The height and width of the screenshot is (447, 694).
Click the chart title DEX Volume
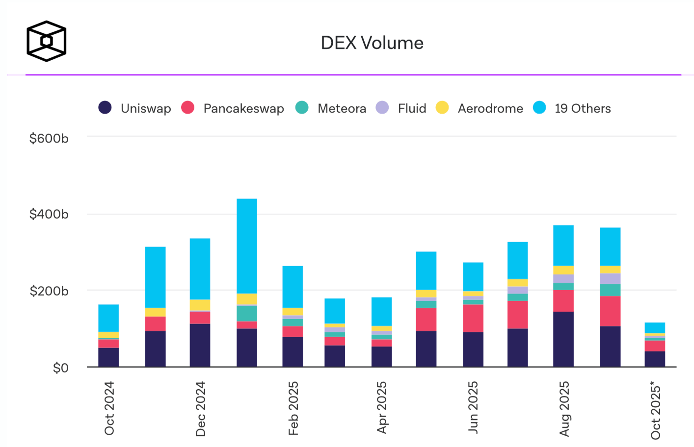tap(372, 43)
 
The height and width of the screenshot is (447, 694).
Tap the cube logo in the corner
tap(46, 41)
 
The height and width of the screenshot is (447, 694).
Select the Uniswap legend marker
tap(105, 108)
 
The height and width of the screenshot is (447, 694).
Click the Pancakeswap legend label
tap(243, 108)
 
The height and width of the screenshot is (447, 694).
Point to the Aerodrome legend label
tap(490, 108)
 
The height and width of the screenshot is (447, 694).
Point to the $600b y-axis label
tap(49, 138)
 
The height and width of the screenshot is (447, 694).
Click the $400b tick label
tap(49, 214)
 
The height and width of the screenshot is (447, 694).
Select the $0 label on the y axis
tap(60, 368)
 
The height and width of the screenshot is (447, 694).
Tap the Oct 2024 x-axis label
tap(109, 408)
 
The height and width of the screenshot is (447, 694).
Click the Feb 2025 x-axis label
tap(293, 408)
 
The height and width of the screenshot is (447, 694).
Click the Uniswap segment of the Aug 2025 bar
tap(563, 339)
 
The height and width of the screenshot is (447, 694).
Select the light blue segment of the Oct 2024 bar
tap(108, 318)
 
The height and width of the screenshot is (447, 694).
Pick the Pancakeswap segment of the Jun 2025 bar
tap(473, 318)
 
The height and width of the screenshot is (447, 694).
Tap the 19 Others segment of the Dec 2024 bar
tap(200, 269)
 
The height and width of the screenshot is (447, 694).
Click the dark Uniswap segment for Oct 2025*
tap(655, 359)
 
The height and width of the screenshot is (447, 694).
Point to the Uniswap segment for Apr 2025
tap(381, 356)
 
